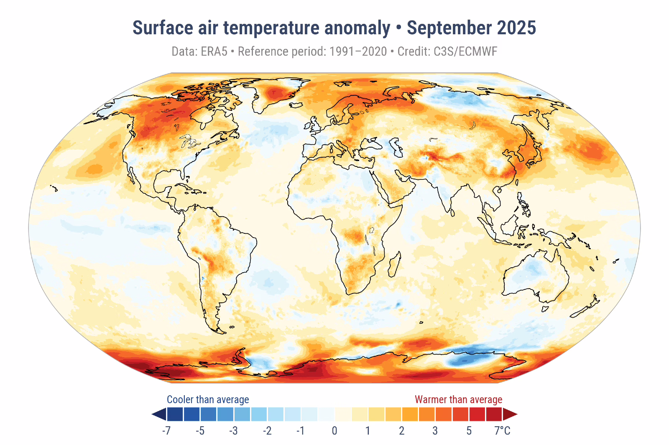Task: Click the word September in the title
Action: [x=449, y=28]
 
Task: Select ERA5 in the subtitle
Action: [x=214, y=51]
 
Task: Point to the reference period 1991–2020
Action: [x=358, y=51]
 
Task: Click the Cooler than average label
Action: [x=208, y=399]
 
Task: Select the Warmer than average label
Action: [x=458, y=399]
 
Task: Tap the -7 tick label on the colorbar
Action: [x=166, y=431]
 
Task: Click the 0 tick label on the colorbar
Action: [x=334, y=431]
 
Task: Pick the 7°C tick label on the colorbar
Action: [x=502, y=431]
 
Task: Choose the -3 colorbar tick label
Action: [x=233, y=431]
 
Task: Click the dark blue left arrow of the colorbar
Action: [x=159, y=414]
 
